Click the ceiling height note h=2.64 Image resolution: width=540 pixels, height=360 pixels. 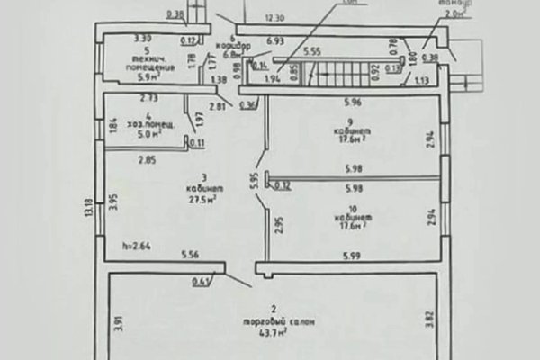(x=135, y=245)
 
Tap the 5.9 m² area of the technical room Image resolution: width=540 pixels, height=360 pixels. (x=142, y=76)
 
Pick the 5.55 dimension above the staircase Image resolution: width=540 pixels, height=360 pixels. (x=310, y=51)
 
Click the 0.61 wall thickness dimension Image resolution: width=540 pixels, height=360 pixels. (x=201, y=282)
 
